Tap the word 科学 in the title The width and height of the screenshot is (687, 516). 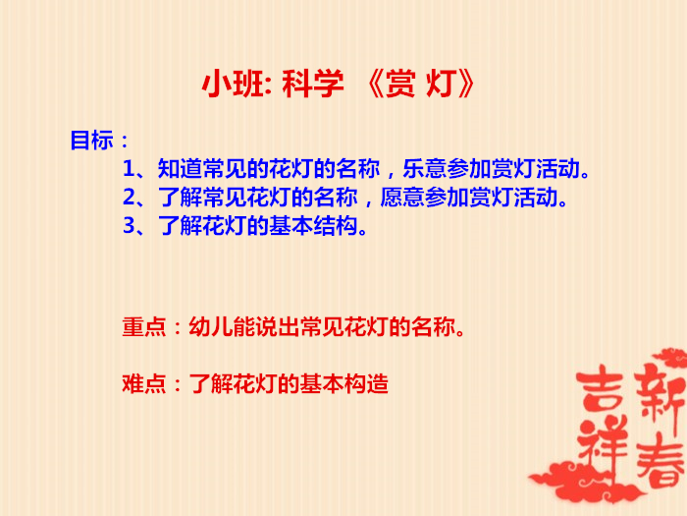click(313, 84)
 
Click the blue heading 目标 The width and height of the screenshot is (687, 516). click(92, 141)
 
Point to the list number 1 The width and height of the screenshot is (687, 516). click(129, 169)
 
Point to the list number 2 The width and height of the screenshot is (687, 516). click(130, 198)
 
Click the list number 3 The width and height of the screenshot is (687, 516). click(130, 226)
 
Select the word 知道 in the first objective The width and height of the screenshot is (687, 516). click(180, 169)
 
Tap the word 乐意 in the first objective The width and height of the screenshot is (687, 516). click(425, 169)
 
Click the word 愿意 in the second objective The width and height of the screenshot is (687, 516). click(402, 198)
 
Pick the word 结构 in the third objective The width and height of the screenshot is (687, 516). click(336, 226)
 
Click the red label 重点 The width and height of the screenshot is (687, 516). click(144, 327)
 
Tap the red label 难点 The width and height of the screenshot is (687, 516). click(144, 384)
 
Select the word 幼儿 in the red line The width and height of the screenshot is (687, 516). click(211, 327)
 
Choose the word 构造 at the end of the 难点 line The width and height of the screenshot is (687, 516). click(366, 384)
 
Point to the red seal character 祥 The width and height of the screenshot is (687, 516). click(603, 443)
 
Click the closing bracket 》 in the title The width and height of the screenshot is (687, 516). click(466, 84)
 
